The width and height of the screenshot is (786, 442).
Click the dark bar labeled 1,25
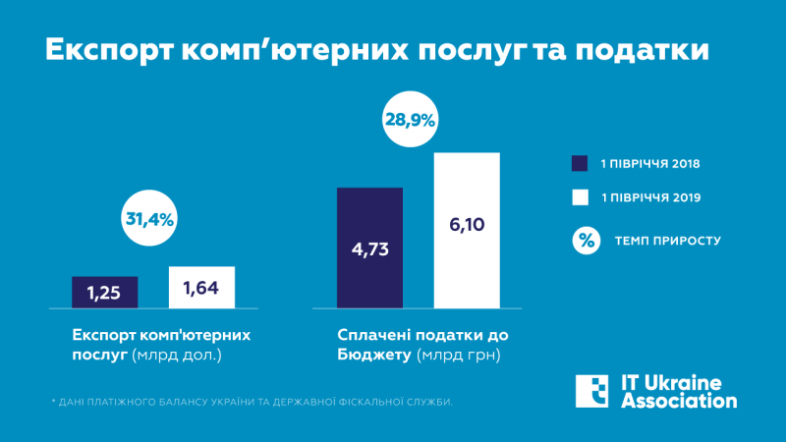tap(104, 291)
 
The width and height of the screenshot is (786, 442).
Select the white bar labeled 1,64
tap(201, 287)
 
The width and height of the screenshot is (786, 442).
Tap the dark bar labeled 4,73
tap(369, 248)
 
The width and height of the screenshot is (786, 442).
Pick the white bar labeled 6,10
tap(467, 230)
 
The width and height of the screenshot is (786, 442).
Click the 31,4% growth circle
tap(149, 219)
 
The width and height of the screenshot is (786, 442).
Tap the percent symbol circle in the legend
tap(586, 239)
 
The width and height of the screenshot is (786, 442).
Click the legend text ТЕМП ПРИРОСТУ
tap(668, 240)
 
